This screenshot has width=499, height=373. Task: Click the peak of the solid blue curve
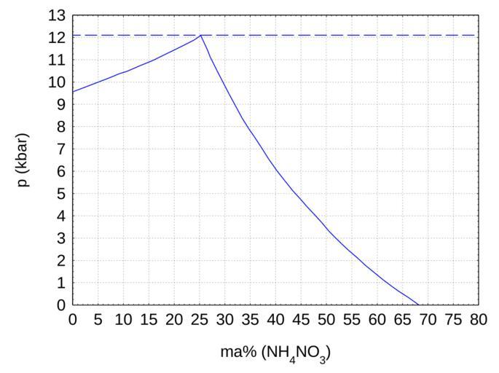pos(200,35)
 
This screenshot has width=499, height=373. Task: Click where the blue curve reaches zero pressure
pos(418,305)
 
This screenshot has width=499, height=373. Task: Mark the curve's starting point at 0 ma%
pos(74,92)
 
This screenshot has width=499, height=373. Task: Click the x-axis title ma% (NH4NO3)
pos(275,353)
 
